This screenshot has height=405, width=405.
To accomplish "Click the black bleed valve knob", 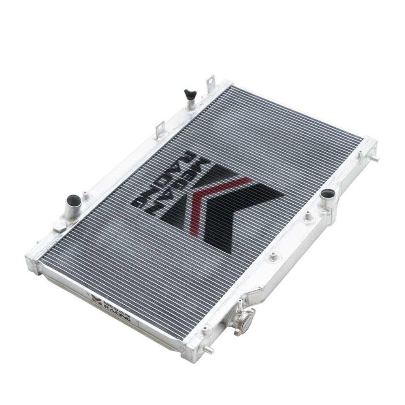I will click(189, 94).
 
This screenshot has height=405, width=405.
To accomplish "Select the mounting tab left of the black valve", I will click(159, 128).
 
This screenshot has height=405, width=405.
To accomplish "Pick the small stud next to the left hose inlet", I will click(85, 195).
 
